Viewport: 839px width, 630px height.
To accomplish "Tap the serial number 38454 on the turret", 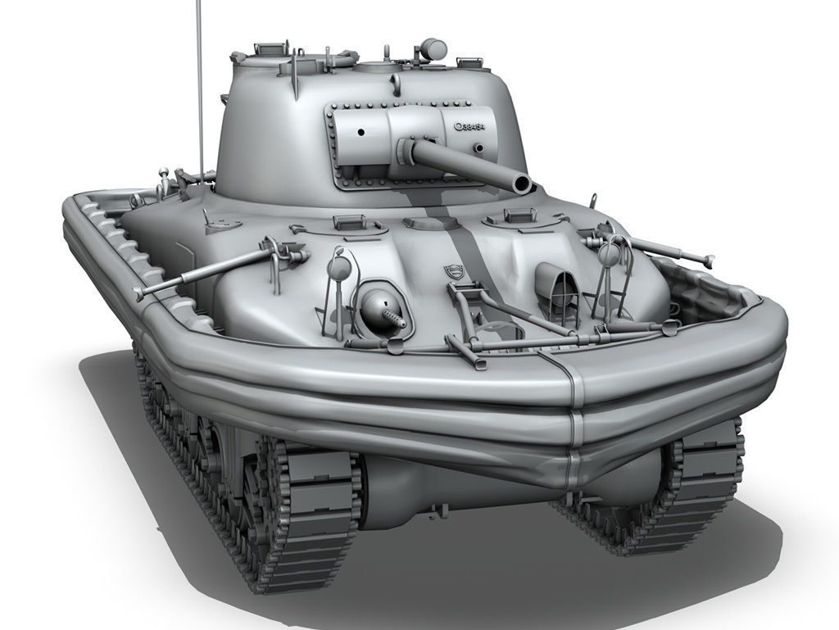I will click(x=474, y=127).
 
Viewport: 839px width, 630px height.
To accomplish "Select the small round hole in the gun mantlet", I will click(x=360, y=132).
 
